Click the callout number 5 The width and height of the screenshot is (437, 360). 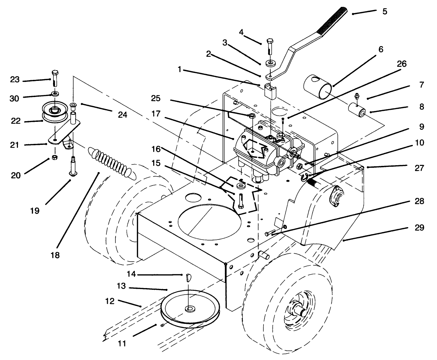[x=385, y=12]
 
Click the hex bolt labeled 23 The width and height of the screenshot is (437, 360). [x=55, y=79]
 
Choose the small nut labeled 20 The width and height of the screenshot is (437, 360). [x=54, y=157]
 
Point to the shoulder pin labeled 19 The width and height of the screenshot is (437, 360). [x=73, y=166]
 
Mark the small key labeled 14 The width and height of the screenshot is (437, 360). [x=188, y=277]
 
